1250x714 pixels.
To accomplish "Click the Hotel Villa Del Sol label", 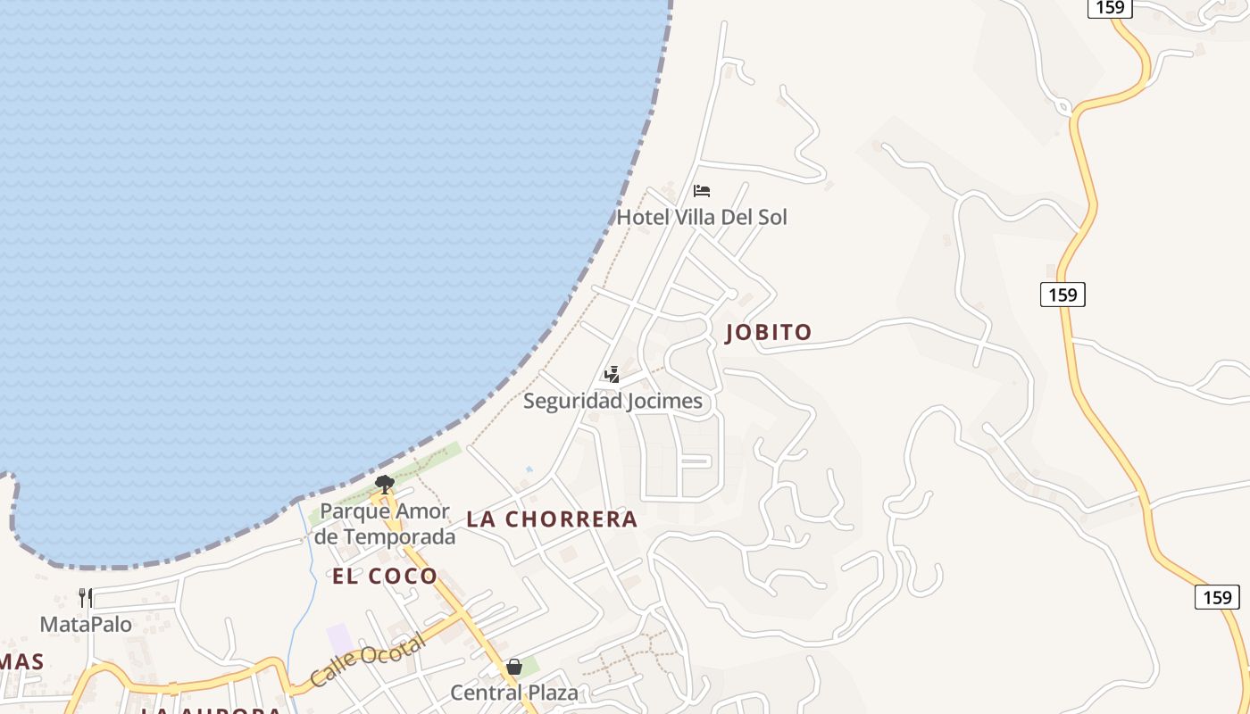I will click(702, 217).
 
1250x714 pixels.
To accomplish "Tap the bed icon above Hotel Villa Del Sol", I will click(702, 190).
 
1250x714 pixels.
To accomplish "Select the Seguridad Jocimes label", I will click(612, 401).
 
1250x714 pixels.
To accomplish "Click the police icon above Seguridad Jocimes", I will click(612, 374).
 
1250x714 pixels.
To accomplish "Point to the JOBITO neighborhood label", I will click(769, 333).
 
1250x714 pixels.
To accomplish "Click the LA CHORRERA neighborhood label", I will click(552, 519).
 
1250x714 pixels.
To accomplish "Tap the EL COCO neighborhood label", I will click(385, 577).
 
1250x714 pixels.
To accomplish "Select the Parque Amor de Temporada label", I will click(385, 524).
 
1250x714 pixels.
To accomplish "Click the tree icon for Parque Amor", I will click(385, 485).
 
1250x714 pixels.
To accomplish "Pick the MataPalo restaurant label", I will click(86, 624).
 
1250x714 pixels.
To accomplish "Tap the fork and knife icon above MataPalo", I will click(86, 597).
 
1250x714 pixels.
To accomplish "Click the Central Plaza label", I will click(513, 693).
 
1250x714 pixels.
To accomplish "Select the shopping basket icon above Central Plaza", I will click(514, 667).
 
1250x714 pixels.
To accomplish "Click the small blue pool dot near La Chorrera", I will click(529, 469).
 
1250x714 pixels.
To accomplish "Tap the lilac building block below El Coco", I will click(339, 639).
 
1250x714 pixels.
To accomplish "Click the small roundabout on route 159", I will click(1063, 107).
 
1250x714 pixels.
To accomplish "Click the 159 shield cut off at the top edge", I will click(1111, 7).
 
